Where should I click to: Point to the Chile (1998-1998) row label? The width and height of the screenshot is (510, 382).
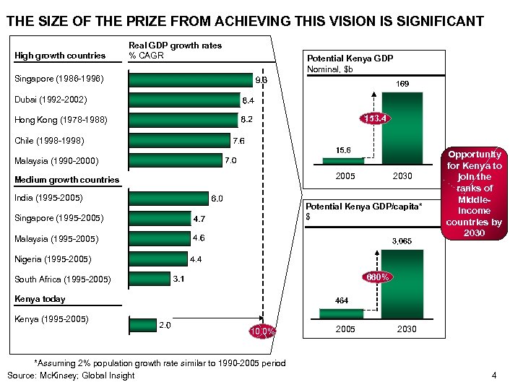tap(49, 140)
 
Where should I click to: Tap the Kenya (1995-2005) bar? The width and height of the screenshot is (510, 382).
tap(142, 326)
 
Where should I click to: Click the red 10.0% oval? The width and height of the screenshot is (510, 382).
tap(262, 331)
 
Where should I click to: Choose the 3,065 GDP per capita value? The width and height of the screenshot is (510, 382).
tap(402, 240)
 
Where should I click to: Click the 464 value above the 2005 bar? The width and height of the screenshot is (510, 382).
tap(342, 299)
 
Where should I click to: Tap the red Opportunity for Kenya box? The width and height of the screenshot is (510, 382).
tap(475, 194)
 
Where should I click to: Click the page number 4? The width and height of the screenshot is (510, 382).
tap(493, 374)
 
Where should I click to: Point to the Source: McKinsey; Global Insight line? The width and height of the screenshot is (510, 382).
tap(72, 375)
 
